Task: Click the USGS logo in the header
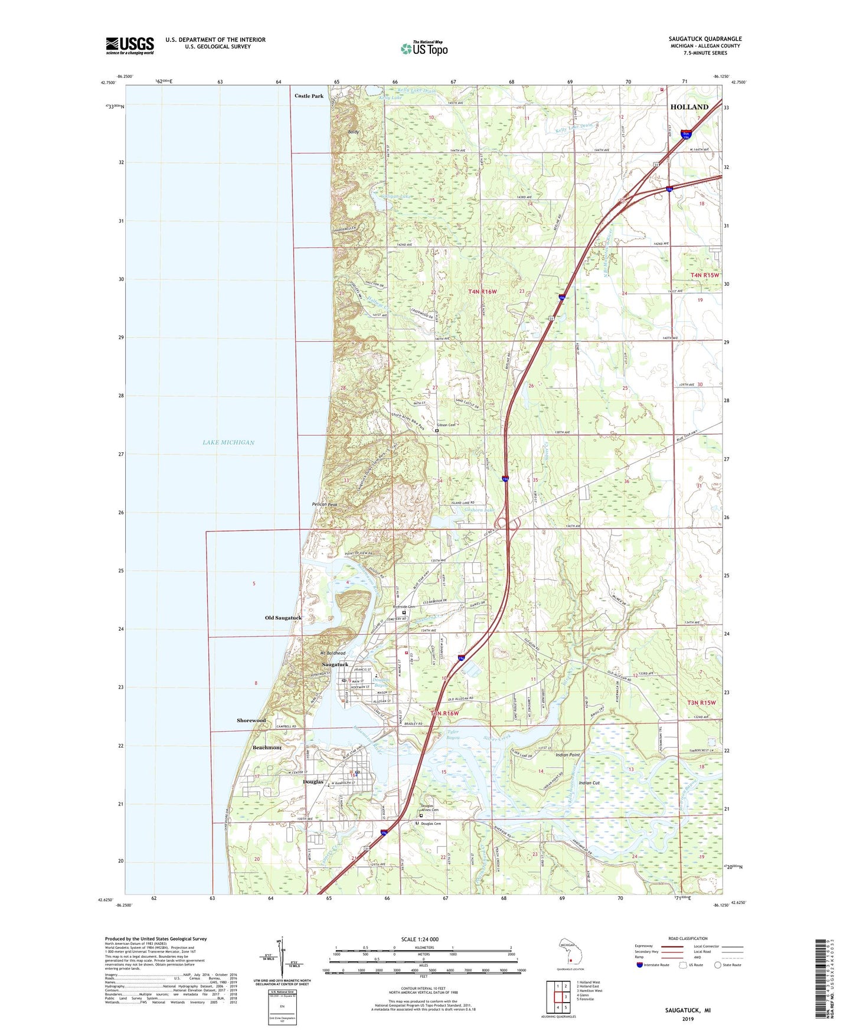click(x=129, y=45)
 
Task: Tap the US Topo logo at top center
click(x=424, y=48)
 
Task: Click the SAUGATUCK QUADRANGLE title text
click(x=705, y=39)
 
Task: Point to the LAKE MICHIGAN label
click(x=228, y=442)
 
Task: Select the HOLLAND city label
click(x=689, y=107)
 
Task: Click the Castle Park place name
click(x=309, y=96)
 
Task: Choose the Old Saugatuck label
click(x=283, y=618)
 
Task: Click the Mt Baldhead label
click(x=332, y=653)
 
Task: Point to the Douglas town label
click(x=313, y=782)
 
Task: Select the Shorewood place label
click(x=251, y=720)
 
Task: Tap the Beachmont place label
click(x=267, y=748)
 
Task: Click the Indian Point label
click(x=567, y=755)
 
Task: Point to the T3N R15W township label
click(x=701, y=703)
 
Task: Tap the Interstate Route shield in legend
click(x=639, y=965)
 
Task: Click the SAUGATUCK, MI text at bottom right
click(x=688, y=1010)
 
